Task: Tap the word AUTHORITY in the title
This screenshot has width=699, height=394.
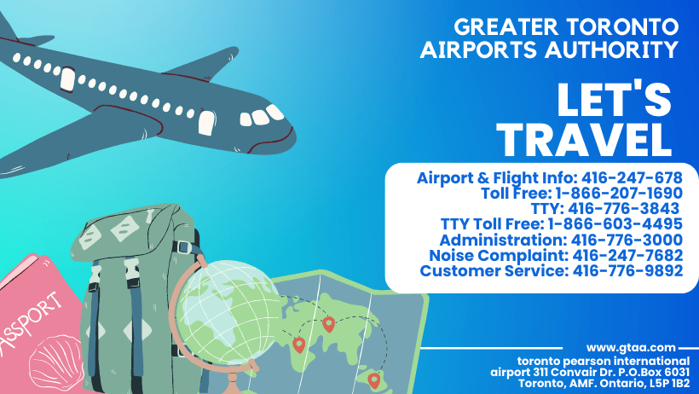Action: [610, 49]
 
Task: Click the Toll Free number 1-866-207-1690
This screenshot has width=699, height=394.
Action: [619, 194]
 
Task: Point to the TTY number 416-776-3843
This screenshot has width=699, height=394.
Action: [623, 208]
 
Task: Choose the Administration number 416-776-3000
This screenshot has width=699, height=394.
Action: [627, 240]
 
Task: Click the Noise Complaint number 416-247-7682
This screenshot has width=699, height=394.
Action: [627, 255]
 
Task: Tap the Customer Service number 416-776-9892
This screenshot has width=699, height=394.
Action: [627, 271]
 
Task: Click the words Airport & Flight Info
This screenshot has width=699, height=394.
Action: [497, 178]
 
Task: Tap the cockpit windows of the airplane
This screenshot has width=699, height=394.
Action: [262, 116]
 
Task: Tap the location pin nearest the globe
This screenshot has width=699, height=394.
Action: [298, 345]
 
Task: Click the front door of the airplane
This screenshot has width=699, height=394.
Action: [206, 122]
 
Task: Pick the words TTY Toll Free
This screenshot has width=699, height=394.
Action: [492, 224]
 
